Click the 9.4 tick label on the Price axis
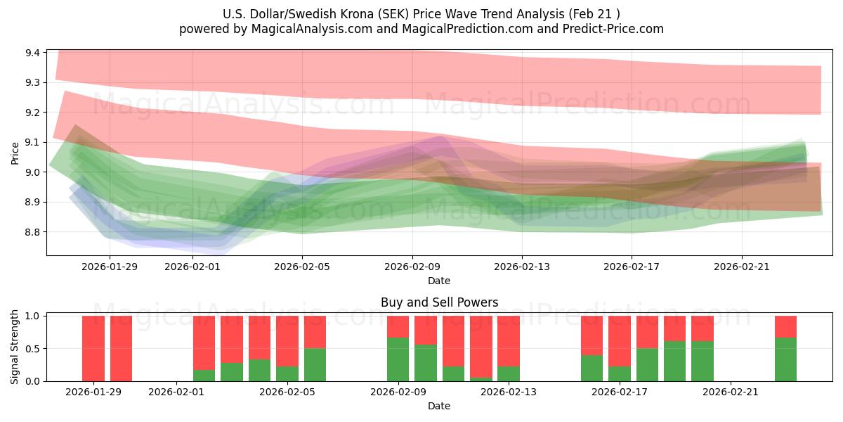(32, 53)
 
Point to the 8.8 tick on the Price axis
(32, 232)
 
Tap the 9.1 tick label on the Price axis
(32, 143)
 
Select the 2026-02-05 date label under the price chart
(302, 267)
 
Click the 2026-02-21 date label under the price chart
(742, 267)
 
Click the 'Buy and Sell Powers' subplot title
(439, 302)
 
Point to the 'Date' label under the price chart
(439, 281)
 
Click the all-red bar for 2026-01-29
(93, 348)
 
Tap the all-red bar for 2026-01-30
(121, 348)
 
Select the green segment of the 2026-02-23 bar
(785, 359)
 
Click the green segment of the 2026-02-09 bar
(398, 359)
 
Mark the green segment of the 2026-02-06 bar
(315, 364)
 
